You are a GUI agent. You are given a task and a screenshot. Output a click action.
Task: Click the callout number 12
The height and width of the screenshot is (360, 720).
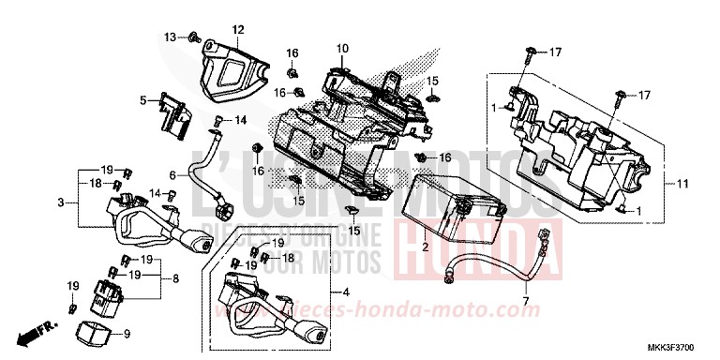(237, 30)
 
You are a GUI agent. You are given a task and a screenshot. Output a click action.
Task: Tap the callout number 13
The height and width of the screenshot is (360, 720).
(171, 37)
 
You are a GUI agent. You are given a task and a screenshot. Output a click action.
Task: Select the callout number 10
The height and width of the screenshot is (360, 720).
(342, 48)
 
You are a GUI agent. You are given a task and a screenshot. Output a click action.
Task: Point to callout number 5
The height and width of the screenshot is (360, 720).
(143, 98)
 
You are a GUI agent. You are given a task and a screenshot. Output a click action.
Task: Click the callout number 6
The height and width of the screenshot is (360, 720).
(172, 174)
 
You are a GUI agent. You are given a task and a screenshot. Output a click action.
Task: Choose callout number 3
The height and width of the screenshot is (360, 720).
(60, 202)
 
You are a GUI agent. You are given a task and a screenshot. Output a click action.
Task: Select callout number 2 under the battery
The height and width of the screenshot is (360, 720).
(425, 247)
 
